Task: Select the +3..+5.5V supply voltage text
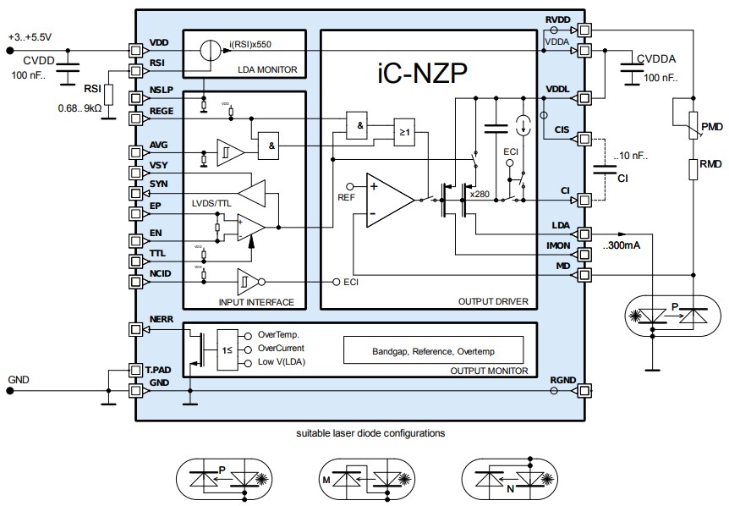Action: [30, 37]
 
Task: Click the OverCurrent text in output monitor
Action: [280, 348]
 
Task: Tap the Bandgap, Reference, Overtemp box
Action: [432, 349]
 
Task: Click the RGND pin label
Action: [562, 381]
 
